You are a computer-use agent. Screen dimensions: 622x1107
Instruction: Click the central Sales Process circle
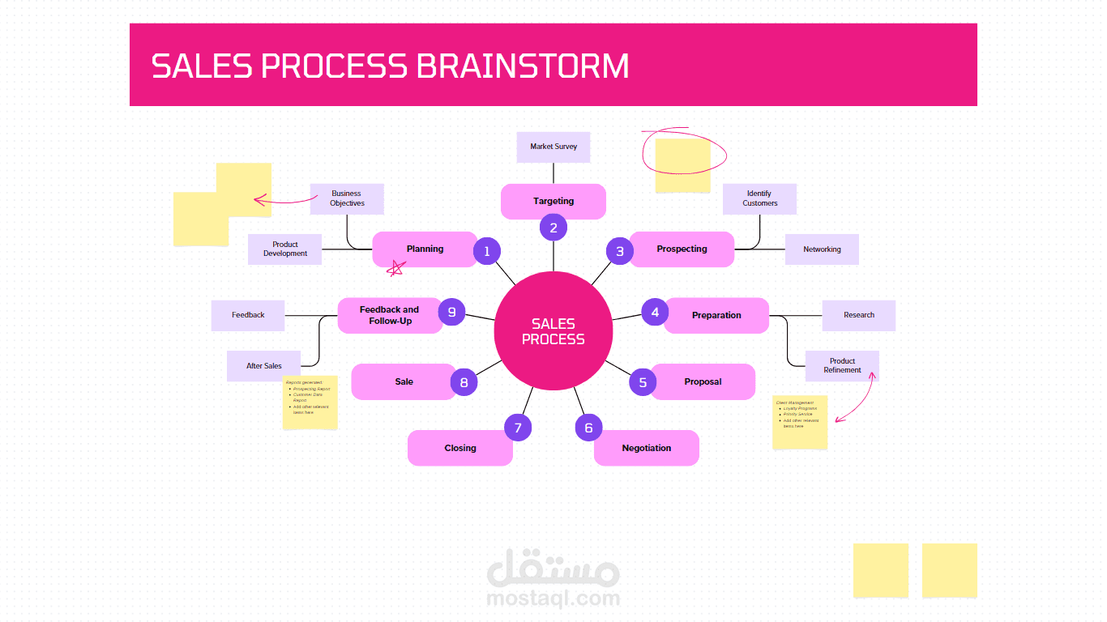coord(553,330)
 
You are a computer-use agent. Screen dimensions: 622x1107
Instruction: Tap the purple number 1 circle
coord(487,251)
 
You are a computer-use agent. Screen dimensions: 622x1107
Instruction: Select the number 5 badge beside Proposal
coord(643,382)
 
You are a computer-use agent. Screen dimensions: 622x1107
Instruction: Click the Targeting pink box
coord(553,201)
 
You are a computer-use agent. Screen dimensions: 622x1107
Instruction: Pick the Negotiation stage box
coord(647,448)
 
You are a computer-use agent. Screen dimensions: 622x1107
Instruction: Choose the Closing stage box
coord(459,448)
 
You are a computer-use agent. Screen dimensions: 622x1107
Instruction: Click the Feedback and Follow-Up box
coord(390,315)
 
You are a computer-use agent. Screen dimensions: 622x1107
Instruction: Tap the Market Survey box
coord(553,147)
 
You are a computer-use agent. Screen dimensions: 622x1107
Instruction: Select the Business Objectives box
coord(347,198)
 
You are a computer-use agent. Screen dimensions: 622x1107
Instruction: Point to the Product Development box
coord(285,249)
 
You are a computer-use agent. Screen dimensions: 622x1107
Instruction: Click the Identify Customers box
coord(759,198)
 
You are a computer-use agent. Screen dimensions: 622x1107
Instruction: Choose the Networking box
coord(822,249)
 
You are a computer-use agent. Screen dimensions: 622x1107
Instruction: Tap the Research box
coord(859,315)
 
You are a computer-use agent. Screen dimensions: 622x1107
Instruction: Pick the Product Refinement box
coord(842,365)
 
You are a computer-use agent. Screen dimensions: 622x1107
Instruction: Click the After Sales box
coord(264,366)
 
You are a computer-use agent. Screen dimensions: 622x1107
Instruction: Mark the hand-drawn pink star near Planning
coord(395,269)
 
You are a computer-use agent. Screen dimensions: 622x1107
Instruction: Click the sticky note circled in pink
coord(682,165)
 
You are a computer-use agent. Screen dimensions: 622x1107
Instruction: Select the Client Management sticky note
coord(800,422)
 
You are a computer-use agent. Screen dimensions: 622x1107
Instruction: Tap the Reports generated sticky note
coord(310,403)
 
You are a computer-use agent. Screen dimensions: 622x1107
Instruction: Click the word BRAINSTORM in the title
coord(523,66)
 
